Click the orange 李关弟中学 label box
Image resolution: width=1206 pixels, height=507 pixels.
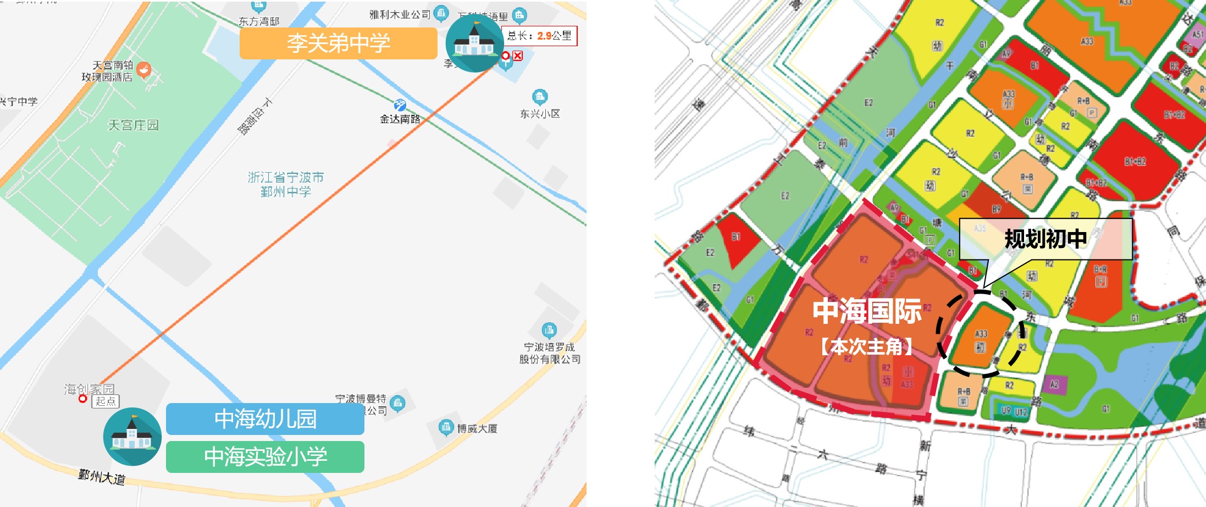pos(338,43)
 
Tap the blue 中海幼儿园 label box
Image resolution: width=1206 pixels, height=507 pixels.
pos(265,419)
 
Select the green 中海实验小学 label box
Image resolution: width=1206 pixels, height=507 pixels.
pos(265,456)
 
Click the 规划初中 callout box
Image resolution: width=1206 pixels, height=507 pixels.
pos(1045,239)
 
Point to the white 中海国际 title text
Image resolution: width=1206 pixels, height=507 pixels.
pos(867,311)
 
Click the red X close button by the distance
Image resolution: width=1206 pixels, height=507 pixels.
pos(518,56)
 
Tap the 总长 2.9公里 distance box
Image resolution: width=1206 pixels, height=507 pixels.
pos(539,36)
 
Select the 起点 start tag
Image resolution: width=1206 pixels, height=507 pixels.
pos(105,401)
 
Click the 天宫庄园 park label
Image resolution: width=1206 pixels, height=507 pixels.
pos(133,125)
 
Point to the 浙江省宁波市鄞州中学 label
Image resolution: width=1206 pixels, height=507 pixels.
pos(285,184)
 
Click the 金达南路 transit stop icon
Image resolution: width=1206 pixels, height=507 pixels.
pos(400,105)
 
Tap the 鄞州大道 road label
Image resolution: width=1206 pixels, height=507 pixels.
pos(102,476)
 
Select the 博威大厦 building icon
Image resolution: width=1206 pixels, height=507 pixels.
pos(446,427)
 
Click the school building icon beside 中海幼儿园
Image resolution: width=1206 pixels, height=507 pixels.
pos(132,437)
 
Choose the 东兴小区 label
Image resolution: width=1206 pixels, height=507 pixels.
pos(540,114)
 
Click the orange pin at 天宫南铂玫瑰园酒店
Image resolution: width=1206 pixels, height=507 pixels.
pos(143,69)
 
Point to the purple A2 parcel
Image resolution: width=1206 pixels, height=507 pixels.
pos(1054,384)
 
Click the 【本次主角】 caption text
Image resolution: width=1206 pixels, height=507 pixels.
pos(867,347)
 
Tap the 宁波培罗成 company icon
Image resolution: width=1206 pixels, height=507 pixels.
pos(549,330)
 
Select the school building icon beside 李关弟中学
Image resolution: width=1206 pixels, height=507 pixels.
pos(474,43)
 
